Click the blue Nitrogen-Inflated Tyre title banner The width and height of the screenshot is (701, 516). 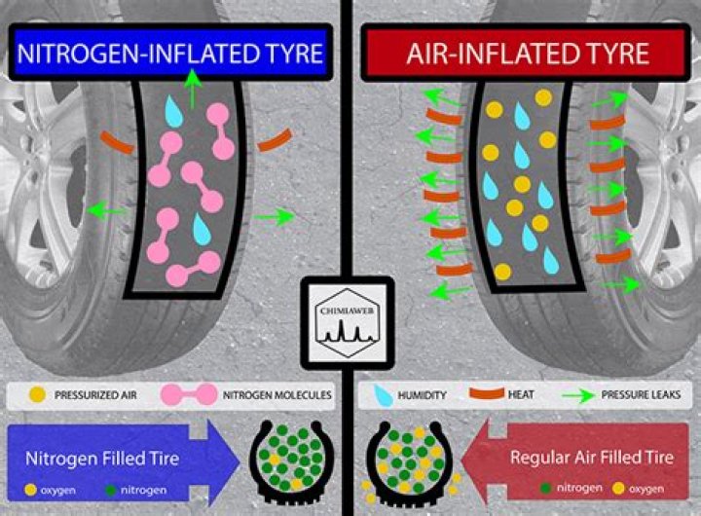pos(168,53)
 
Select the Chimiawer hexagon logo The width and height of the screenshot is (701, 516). pos(347,320)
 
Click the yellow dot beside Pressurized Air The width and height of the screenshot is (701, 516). pos(38,395)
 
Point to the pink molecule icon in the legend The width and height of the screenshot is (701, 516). pos(194,395)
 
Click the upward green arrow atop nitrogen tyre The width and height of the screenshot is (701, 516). pos(194,91)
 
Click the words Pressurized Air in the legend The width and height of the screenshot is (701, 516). pos(97,395)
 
